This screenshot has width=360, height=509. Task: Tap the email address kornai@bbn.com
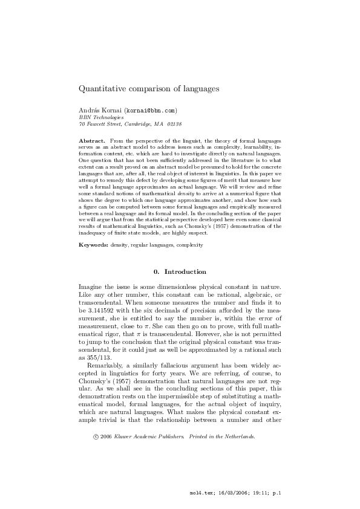pos(151,111)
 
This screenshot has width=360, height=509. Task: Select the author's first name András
pos(90,111)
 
